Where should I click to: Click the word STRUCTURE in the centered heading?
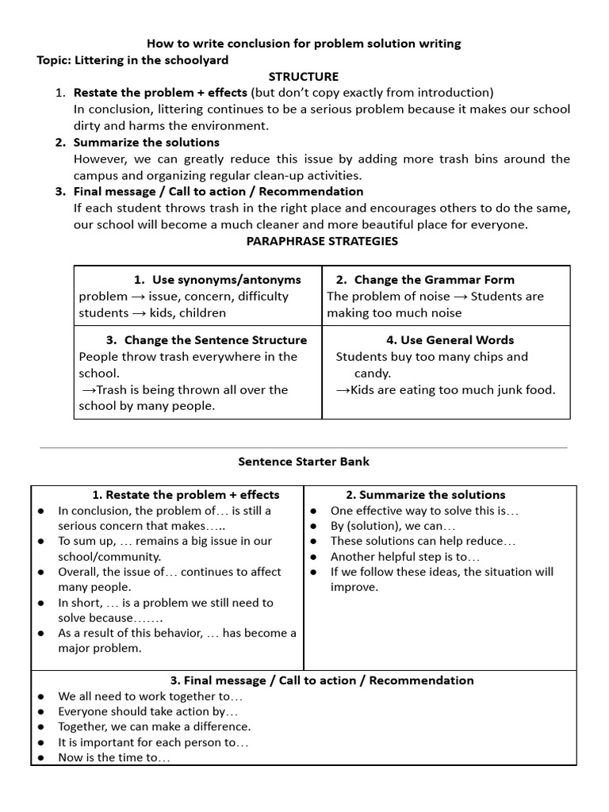304,77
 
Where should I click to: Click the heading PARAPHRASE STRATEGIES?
322,241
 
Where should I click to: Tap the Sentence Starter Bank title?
304,462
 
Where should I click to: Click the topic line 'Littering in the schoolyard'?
151,60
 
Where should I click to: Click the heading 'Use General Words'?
450,340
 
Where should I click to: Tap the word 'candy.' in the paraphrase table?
373,373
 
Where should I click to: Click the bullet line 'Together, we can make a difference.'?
154,726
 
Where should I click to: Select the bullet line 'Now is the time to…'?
114,758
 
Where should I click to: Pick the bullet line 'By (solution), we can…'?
393,526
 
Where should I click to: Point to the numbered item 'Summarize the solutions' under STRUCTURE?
146,143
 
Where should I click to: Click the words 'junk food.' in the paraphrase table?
527,390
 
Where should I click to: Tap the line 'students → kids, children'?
152,313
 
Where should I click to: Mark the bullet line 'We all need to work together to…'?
150,696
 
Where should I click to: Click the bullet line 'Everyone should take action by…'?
148,711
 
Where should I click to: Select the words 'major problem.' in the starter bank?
100,649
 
